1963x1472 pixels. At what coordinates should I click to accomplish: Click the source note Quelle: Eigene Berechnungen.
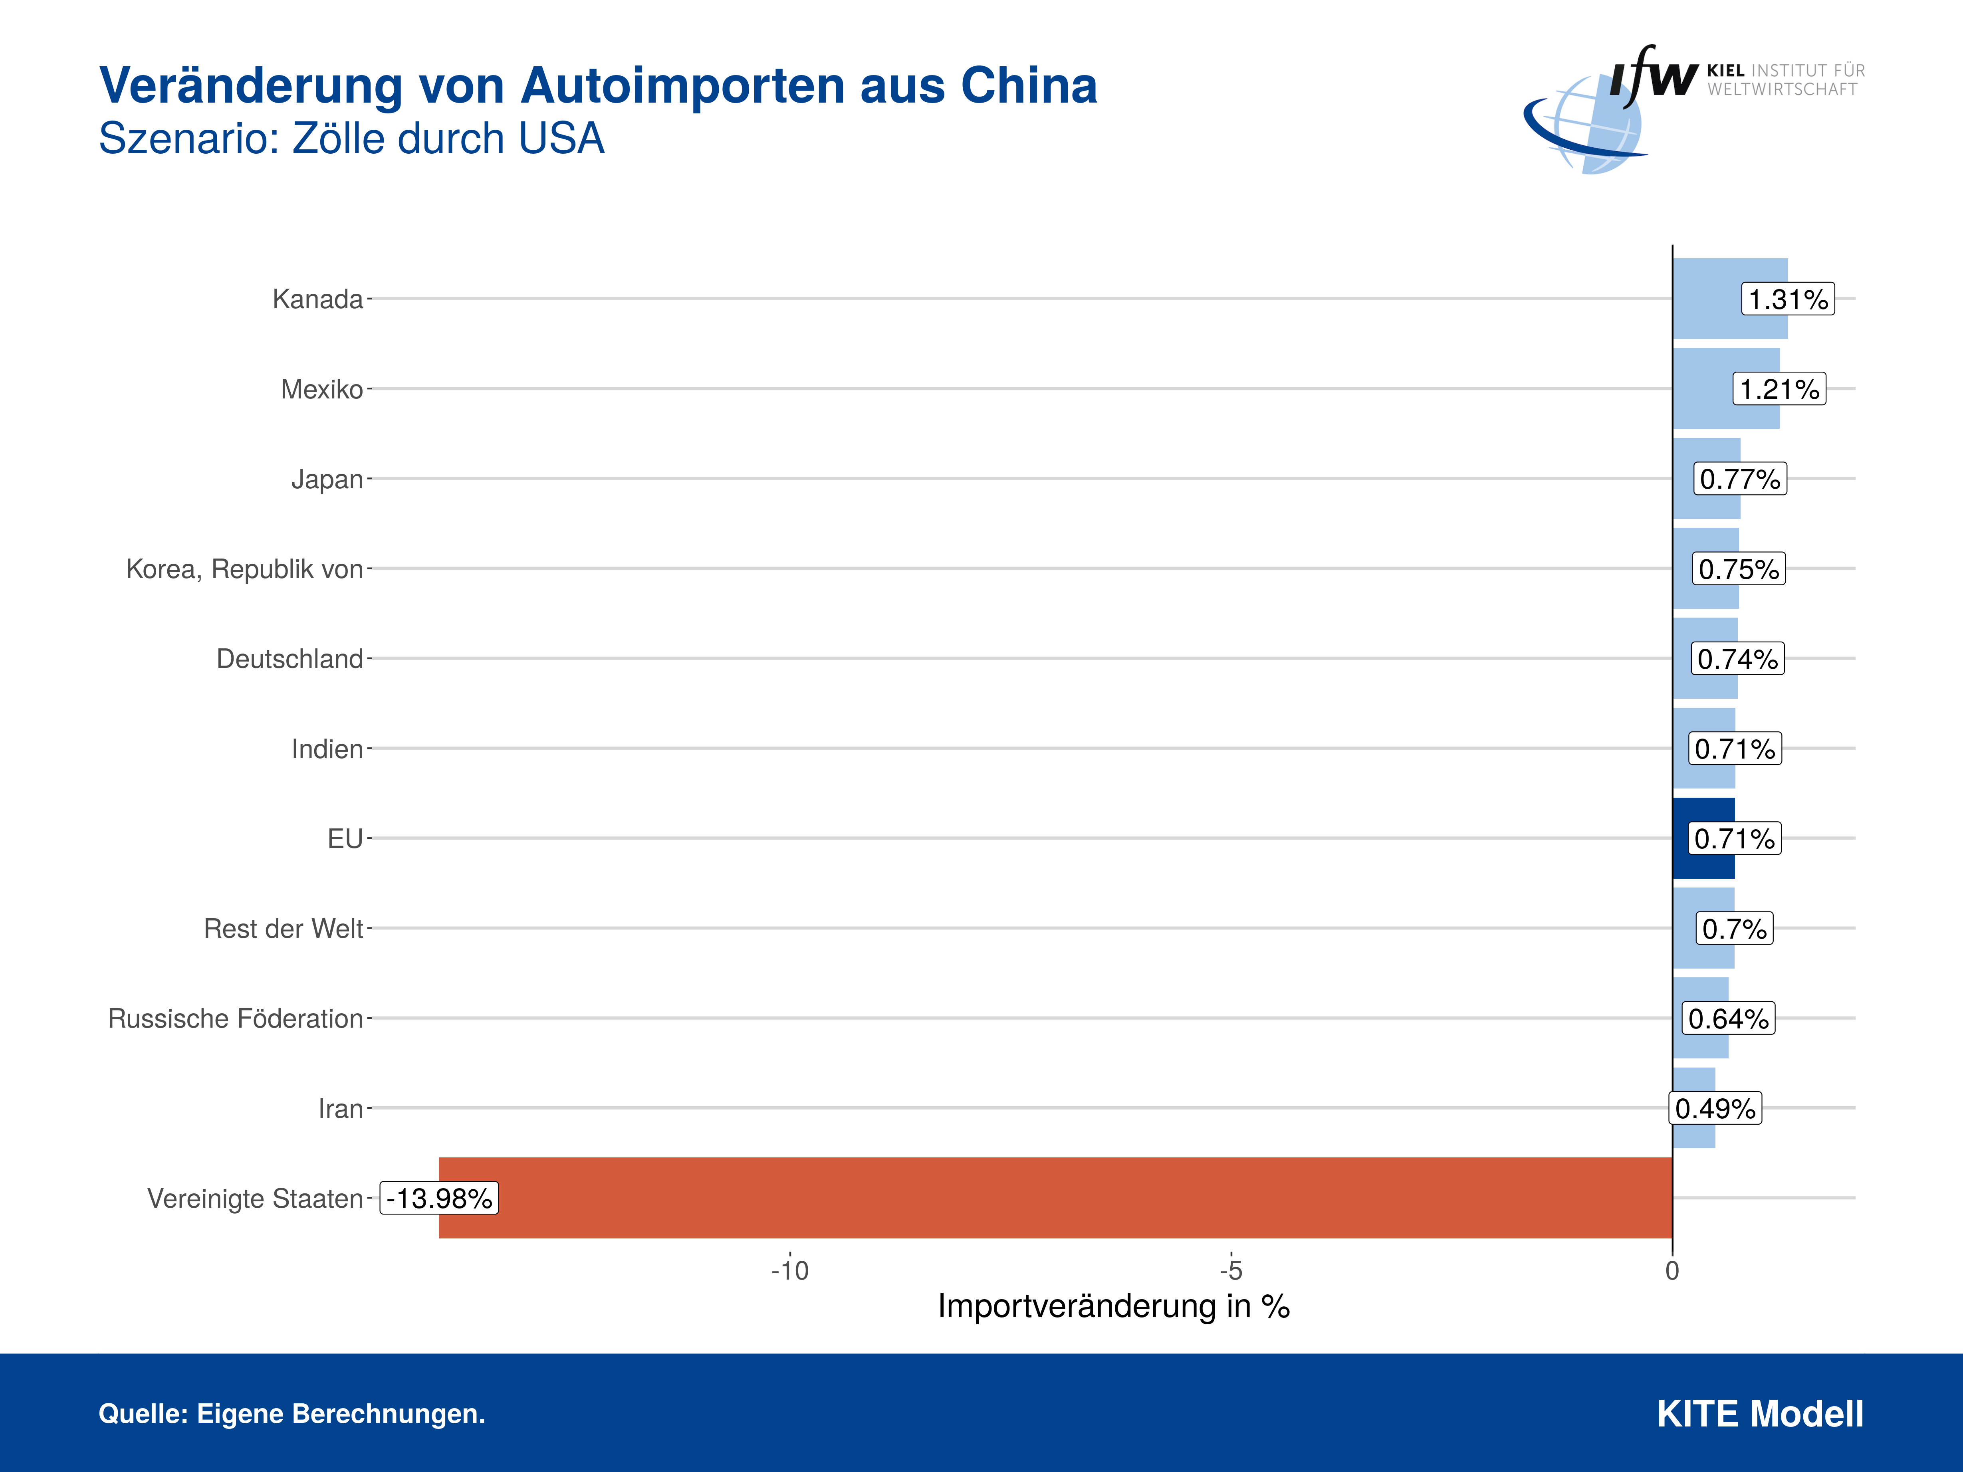point(292,1413)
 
